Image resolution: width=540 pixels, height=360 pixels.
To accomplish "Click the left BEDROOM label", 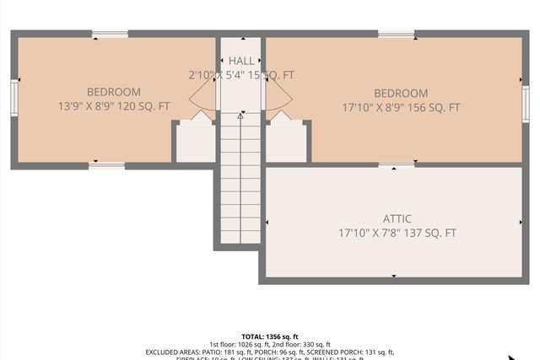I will pyautogui.click(x=113, y=92).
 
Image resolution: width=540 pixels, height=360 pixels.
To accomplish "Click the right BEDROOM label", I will pyautogui.click(x=401, y=93).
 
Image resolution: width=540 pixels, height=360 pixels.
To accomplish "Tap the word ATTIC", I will pyautogui.click(x=397, y=218).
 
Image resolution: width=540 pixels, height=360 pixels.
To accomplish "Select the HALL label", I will pyautogui.click(x=240, y=61).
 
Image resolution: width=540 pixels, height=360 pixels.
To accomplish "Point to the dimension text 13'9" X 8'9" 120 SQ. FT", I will pyautogui.click(x=113, y=106).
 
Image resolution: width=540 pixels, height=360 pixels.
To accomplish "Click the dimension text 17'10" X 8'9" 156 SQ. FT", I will pyautogui.click(x=401, y=107).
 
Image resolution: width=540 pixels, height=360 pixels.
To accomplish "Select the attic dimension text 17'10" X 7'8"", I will pyautogui.click(x=397, y=233).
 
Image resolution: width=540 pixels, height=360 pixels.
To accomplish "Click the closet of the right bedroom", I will pyautogui.click(x=286, y=142).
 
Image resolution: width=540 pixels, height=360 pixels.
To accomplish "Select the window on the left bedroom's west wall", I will pyautogui.click(x=14, y=96).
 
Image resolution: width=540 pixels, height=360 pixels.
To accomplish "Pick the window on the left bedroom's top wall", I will pyautogui.click(x=110, y=35).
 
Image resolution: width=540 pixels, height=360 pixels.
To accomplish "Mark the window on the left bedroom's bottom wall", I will pyautogui.click(x=106, y=165).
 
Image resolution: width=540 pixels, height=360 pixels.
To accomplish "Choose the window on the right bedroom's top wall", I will pyautogui.click(x=396, y=35).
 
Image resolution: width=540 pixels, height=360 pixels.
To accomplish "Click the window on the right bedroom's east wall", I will pyautogui.click(x=525, y=104).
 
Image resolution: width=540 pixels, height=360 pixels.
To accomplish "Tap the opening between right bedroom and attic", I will pyautogui.click(x=396, y=165).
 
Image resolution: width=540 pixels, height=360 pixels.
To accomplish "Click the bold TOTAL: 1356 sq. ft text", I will pyautogui.click(x=270, y=336).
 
